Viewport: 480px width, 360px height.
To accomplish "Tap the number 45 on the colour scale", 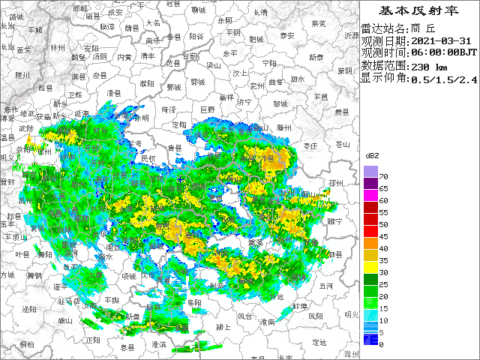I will point(382,237).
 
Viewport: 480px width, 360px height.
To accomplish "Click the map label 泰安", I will point(286,35).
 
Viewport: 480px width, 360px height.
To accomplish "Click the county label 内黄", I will point(124,56).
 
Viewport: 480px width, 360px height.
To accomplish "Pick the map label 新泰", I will point(316,57).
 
